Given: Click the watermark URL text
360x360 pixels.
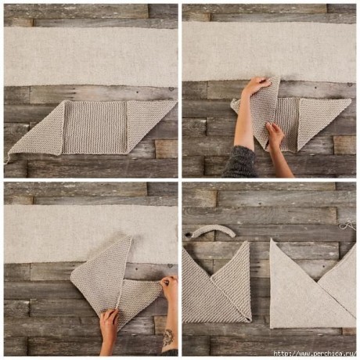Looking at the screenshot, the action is (315, 354).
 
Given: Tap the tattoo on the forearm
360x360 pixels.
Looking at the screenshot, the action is (168, 338).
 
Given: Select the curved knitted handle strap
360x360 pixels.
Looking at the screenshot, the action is (214, 231).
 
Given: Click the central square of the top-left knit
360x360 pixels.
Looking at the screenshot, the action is (95, 128).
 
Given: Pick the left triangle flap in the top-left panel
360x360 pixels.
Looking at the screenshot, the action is (39, 133).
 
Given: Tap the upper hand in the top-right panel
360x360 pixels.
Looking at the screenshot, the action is (256, 85).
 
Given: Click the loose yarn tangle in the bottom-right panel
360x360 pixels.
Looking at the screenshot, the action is (348, 225).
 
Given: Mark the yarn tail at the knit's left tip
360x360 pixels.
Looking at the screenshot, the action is (5, 158).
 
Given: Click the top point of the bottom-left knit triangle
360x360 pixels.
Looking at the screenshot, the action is (130, 236).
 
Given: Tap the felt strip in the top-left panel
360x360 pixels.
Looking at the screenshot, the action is (91, 56).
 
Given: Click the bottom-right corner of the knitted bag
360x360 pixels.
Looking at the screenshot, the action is (250, 321).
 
